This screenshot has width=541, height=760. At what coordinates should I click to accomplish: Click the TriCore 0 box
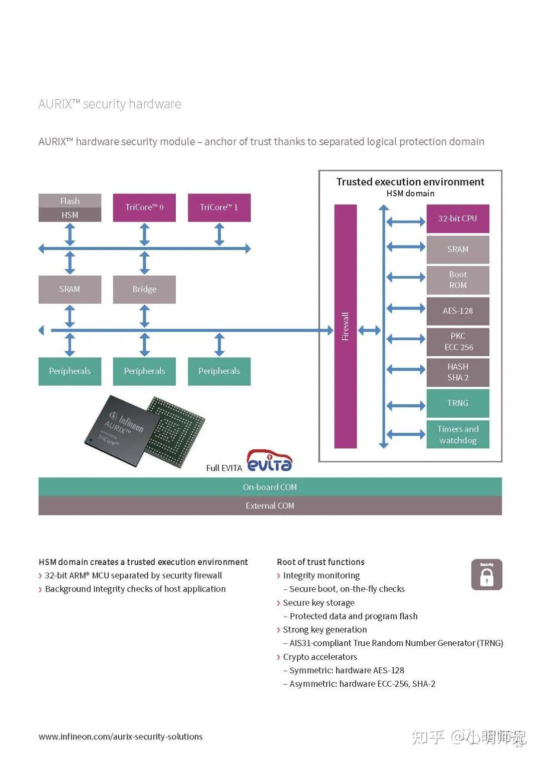point(144,207)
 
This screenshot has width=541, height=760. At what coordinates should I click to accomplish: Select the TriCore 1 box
point(219,207)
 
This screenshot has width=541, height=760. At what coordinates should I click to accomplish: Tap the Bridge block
point(144,289)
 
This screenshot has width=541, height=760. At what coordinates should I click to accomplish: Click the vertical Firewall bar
point(345,326)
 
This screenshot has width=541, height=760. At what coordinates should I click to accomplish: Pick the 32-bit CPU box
point(457,218)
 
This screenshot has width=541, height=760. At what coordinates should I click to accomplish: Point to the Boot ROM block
point(457,280)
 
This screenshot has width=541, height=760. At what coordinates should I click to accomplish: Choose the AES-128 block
point(457,311)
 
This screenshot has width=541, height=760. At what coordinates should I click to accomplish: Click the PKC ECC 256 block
point(457,342)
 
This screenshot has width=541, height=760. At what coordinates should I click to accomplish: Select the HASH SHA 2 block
point(457,372)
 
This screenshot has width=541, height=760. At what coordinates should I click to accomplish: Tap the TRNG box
point(457,403)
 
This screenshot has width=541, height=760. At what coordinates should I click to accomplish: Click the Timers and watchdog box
point(457,434)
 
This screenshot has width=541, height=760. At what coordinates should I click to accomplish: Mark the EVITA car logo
point(269,461)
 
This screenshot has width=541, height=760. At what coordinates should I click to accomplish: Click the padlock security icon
point(486,575)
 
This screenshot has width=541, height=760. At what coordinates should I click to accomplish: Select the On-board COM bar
point(270,487)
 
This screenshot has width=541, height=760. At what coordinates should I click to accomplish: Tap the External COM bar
point(270,506)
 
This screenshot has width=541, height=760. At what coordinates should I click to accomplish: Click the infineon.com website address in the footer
point(121,736)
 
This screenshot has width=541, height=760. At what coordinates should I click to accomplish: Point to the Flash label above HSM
point(70,201)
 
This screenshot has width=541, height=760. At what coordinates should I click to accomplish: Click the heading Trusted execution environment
point(410,182)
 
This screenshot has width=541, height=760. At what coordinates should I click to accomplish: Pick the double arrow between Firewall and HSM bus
point(370,330)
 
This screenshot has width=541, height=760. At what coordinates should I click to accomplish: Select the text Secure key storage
point(319,603)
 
